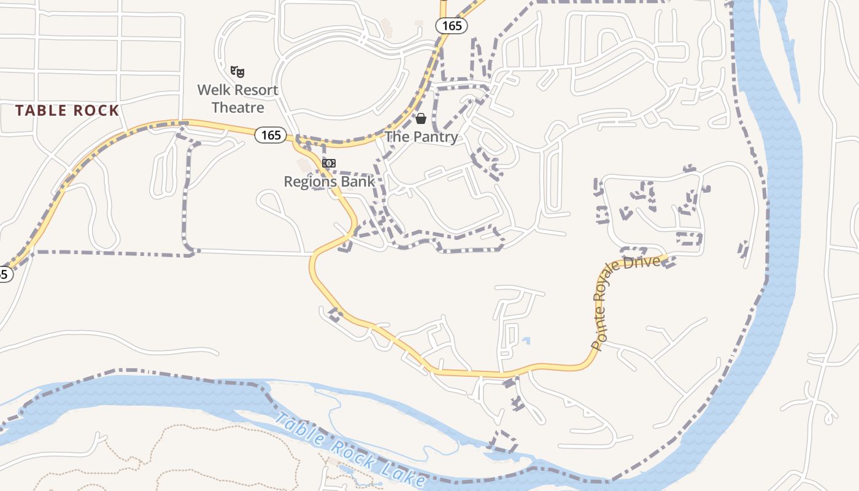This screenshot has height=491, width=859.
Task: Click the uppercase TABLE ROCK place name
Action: click(67, 110)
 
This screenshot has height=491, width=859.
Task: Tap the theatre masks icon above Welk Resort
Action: click(237, 71)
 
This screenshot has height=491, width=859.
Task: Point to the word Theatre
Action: click(237, 108)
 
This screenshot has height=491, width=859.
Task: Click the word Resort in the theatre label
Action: click(255, 90)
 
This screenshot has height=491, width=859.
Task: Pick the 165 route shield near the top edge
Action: click(452, 26)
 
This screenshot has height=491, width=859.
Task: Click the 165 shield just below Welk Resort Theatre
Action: click(271, 135)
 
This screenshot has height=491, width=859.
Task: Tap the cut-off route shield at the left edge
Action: click(4, 274)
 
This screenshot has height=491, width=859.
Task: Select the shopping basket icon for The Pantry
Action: click(421, 118)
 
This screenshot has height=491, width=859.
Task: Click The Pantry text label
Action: click(422, 137)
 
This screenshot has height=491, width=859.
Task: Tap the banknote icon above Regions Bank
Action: click(329, 163)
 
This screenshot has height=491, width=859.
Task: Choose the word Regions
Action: click(309, 182)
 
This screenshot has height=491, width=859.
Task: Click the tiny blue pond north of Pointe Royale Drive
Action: click(526, 340)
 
